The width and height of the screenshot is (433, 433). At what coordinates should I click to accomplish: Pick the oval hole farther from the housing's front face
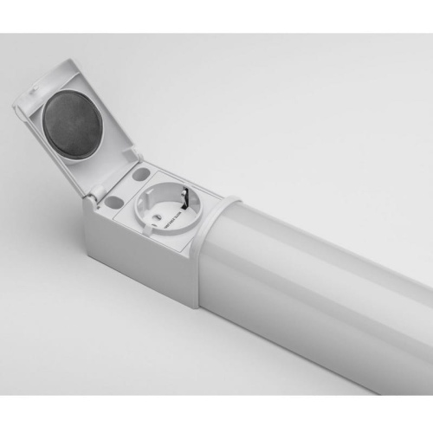coord(140,174)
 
